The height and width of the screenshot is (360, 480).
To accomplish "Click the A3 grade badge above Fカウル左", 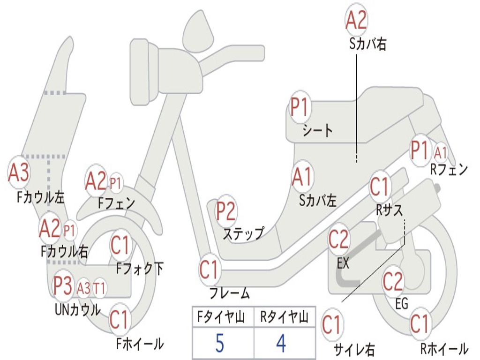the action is [18, 172].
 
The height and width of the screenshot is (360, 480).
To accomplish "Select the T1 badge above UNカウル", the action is [99, 288].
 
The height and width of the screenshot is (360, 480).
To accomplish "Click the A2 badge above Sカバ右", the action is [356, 20].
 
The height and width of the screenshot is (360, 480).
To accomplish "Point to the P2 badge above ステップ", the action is [225, 211].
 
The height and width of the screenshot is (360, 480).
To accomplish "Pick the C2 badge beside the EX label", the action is [338, 240].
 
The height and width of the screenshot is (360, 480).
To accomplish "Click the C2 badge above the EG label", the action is [393, 282].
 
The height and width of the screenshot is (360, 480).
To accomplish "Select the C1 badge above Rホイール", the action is [420, 324].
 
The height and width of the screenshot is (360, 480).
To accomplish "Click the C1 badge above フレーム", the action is [210, 270].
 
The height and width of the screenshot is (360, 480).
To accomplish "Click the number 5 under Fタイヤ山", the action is [219, 343].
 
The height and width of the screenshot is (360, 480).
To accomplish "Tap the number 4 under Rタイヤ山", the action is [281, 343].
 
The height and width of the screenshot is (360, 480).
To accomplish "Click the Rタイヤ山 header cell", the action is [285, 317].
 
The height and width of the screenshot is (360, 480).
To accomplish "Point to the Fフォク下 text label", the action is [140, 269].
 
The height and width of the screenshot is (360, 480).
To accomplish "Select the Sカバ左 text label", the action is [318, 201].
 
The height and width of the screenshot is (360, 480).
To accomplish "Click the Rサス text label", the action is [389, 210].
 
